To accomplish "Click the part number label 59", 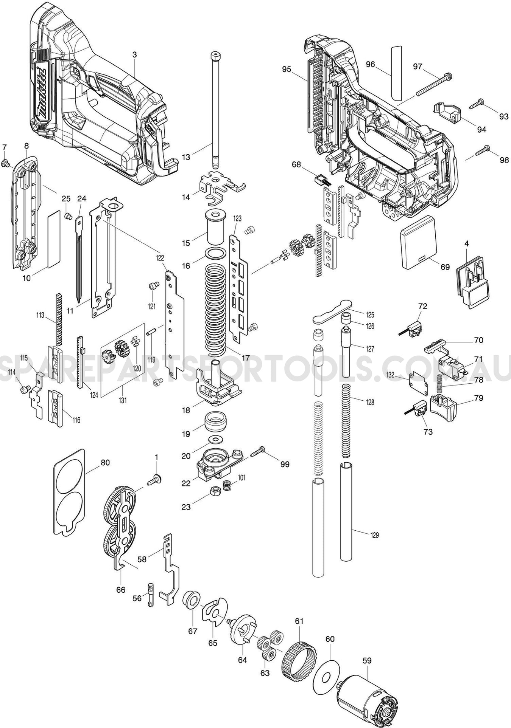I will (x=367, y=660).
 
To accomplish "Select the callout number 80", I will (x=105, y=462).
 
